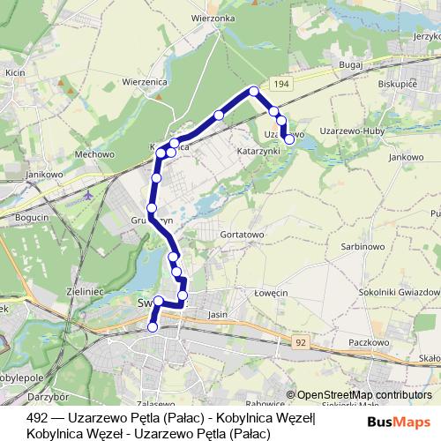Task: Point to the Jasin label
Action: click(x=217, y=313)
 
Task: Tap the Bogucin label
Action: click(x=33, y=216)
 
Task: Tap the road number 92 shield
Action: click(x=301, y=340)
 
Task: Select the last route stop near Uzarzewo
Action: click(x=288, y=138)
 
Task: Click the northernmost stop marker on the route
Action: click(x=254, y=91)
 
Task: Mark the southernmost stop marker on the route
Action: click(x=153, y=327)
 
